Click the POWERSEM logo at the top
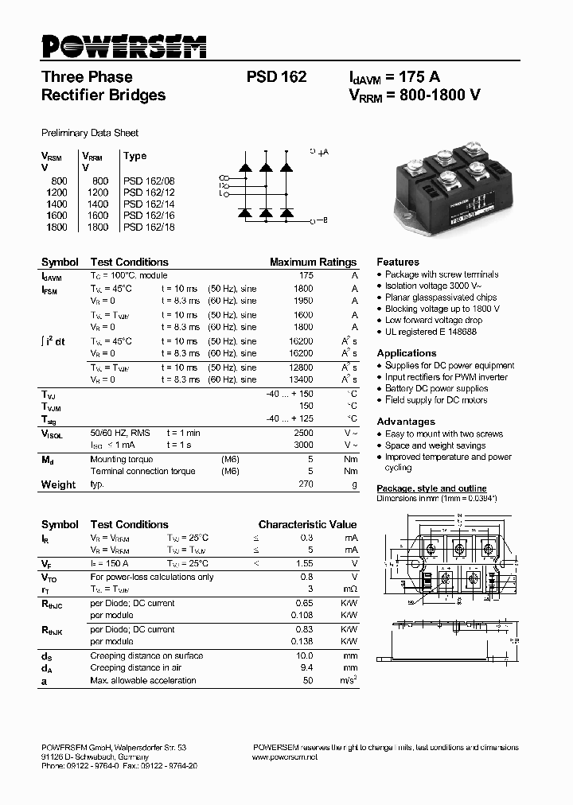(x=123, y=46)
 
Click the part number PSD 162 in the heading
(x=276, y=77)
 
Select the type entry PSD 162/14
(x=149, y=204)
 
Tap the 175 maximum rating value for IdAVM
(x=306, y=275)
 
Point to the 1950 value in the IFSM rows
(x=302, y=301)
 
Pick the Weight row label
(x=58, y=484)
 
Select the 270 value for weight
(x=306, y=484)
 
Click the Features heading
(x=397, y=262)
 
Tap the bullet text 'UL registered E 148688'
(x=431, y=332)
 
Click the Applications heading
(x=406, y=353)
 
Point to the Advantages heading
(x=405, y=422)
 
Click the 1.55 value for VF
(x=304, y=562)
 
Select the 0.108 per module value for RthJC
(x=301, y=615)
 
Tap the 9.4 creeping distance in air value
(x=306, y=668)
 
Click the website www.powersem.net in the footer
(x=284, y=757)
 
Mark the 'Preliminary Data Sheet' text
(x=90, y=133)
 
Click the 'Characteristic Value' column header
(x=307, y=525)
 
